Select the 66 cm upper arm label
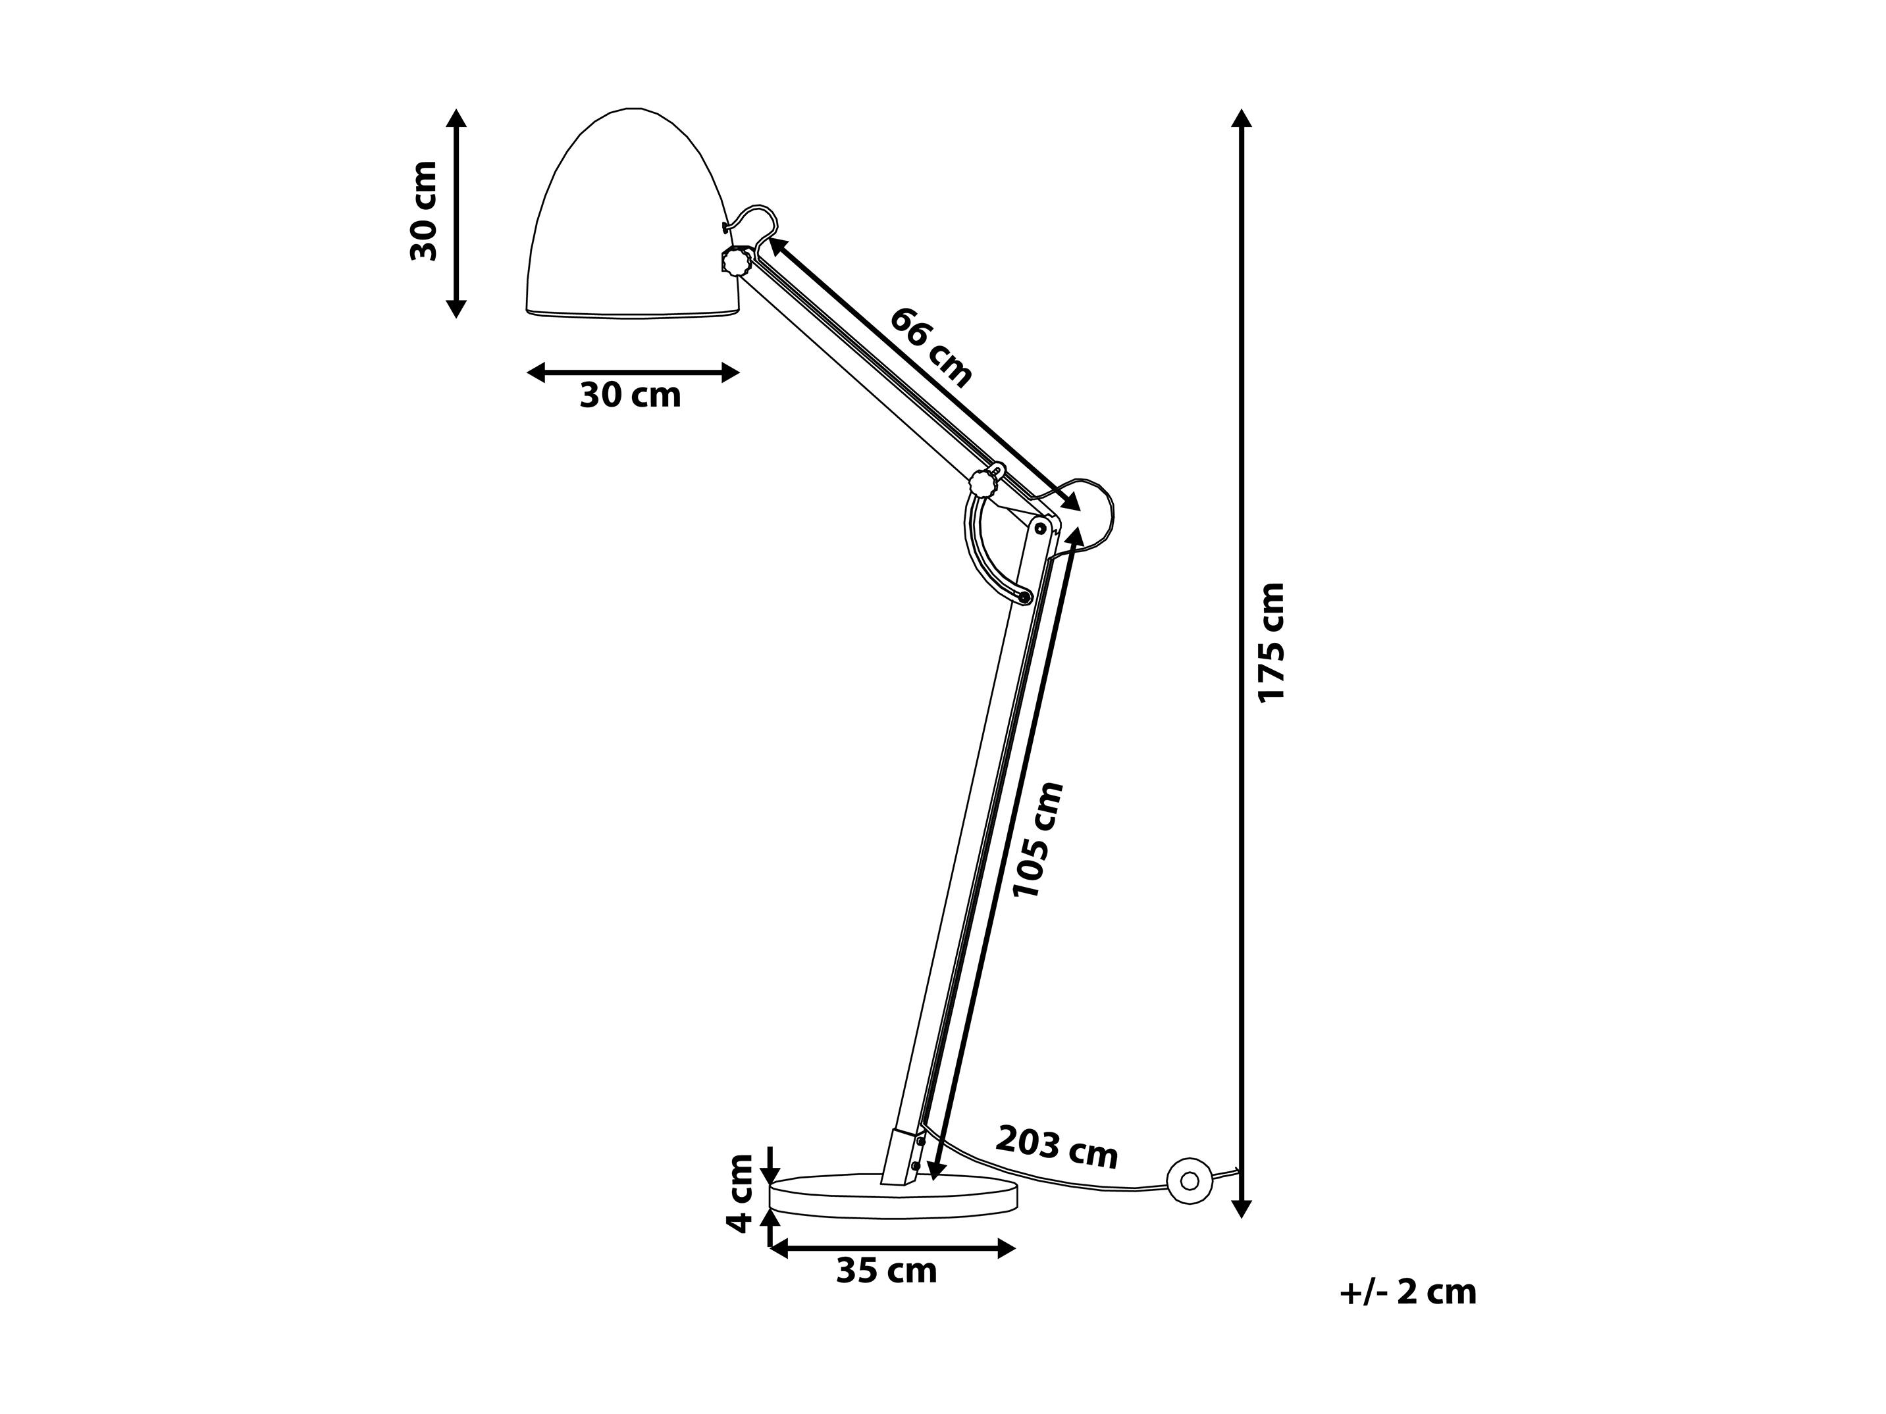(931, 348)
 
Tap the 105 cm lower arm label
(1037, 840)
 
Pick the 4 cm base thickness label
(740, 1194)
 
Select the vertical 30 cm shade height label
(424, 211)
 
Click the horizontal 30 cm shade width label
(630, 395)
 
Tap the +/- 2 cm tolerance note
(1407, 1292)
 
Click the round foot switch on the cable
(1190, 1180)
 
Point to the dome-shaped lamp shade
(632, 213)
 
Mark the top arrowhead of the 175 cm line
(1242, 118)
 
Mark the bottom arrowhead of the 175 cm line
(1242, 1209)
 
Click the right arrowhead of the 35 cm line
(1007, 1250)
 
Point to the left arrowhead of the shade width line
(535, 372)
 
